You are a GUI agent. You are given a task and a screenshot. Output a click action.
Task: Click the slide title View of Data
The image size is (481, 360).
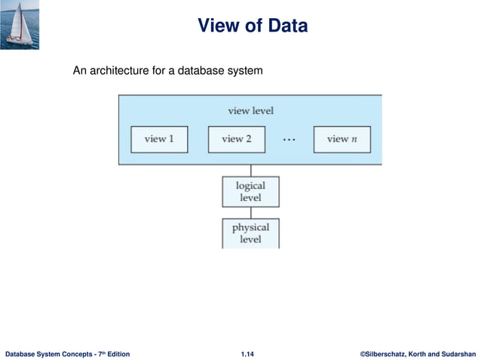(253, 26)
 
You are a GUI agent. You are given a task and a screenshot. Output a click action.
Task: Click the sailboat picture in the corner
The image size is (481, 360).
(20, 24)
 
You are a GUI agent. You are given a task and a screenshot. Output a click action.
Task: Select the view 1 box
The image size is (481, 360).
(159, 139)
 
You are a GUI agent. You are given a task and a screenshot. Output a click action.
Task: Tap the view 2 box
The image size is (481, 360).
(237, 139)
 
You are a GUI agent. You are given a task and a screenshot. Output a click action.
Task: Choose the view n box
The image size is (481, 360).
(342, 139)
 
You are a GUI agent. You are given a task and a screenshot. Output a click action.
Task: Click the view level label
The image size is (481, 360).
(250, 111)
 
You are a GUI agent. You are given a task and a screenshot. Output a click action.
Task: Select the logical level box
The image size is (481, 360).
(250, 192)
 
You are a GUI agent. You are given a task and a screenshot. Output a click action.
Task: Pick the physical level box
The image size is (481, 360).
(250, 233)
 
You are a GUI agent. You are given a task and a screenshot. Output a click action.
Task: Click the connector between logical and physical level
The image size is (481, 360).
(250, 212)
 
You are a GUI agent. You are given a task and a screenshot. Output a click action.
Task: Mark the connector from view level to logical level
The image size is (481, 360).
(250, 170)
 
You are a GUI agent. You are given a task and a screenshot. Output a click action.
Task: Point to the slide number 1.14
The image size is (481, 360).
(247, 353)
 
